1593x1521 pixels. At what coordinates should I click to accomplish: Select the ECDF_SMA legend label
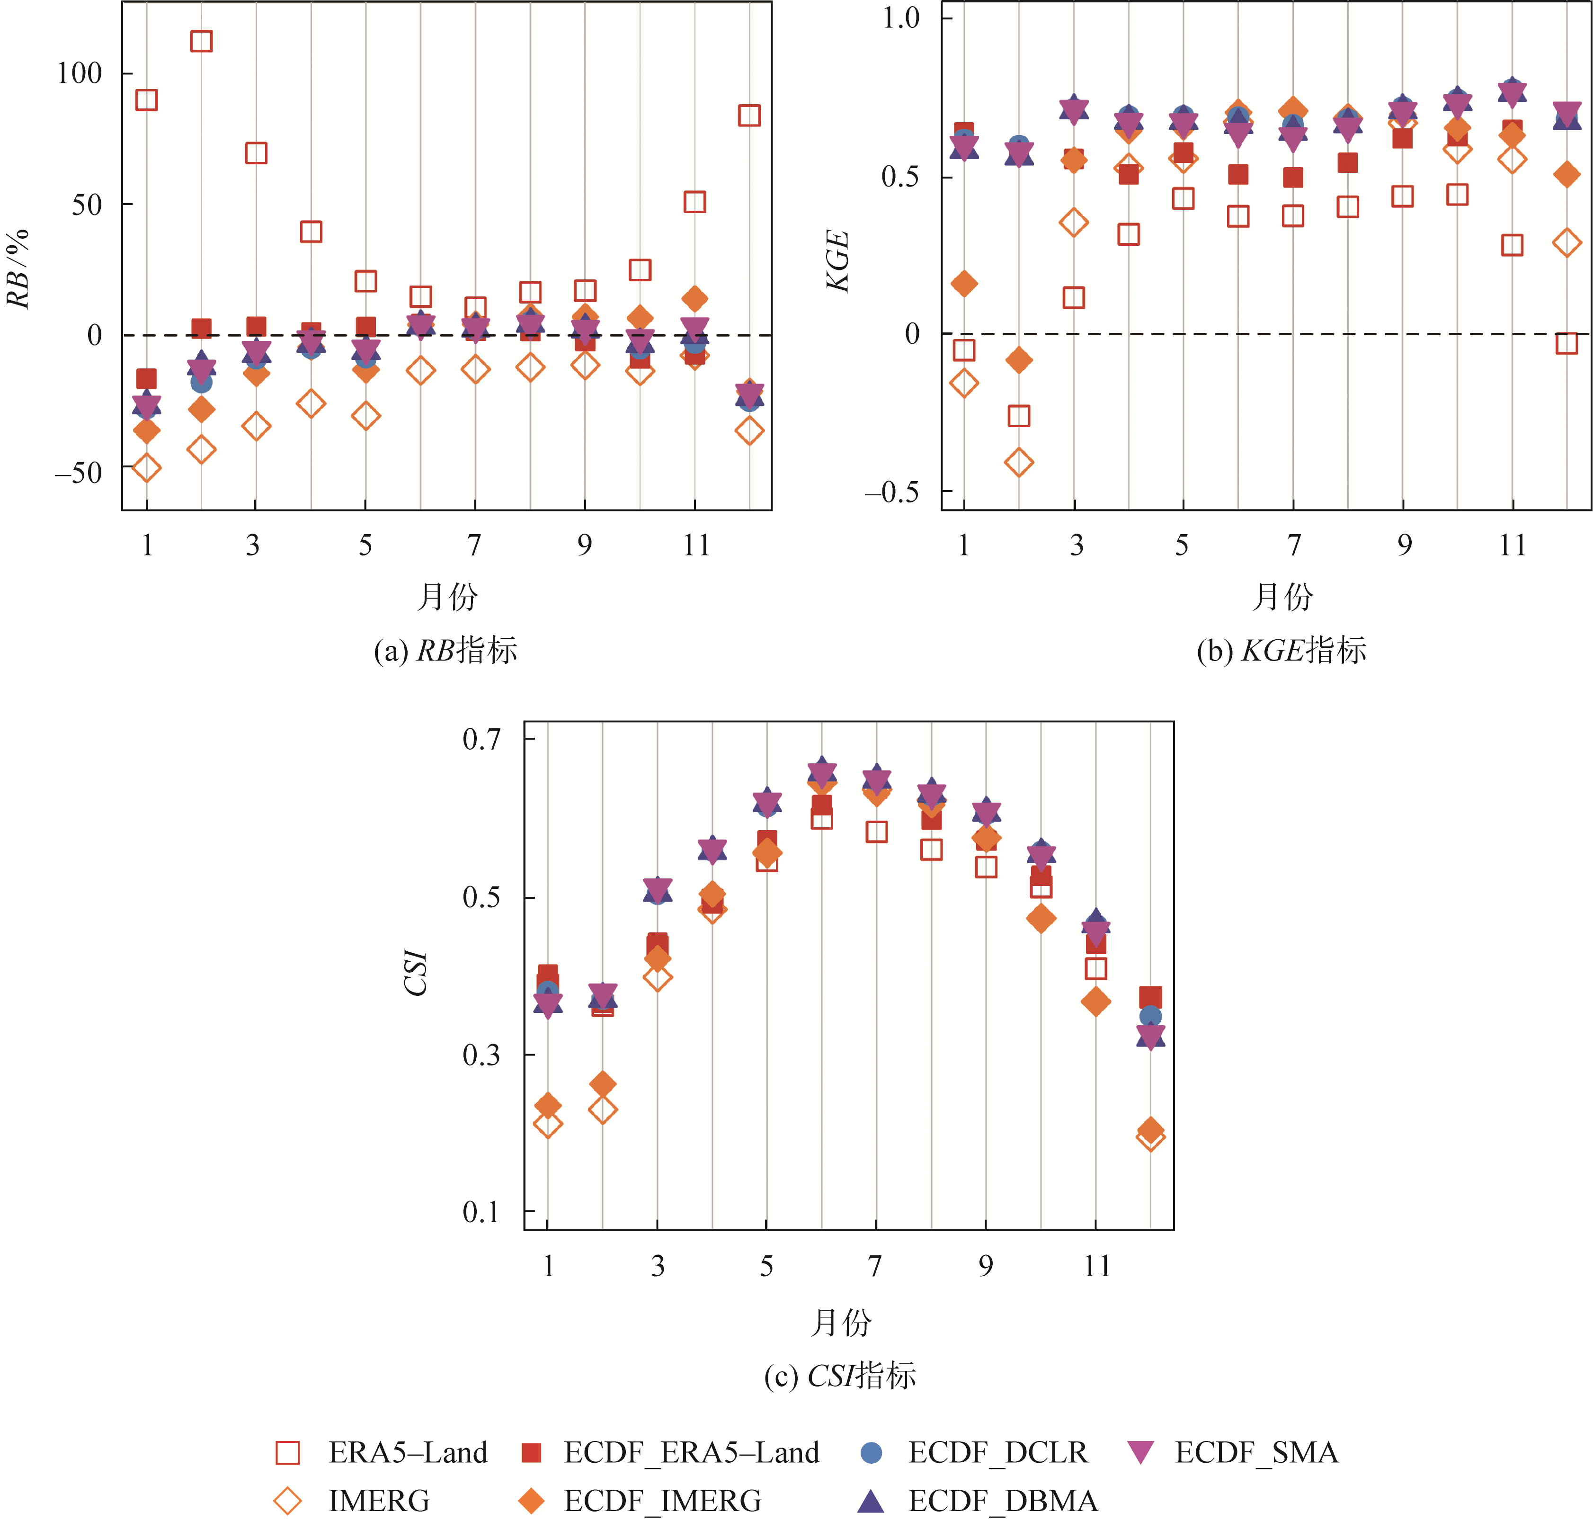tap(1256, 1452)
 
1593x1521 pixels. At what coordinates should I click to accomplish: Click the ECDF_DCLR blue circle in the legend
tap(871, 1452)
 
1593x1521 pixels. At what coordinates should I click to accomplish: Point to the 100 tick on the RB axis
tap(79, 74)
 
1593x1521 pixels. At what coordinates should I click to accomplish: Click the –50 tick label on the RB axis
tap(79, 473)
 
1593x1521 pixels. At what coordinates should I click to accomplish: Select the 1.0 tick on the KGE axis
tap(901, 18)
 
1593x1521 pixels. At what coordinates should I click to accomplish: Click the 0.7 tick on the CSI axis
tap(481, 739)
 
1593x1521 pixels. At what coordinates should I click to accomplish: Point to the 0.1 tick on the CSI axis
tap(481, 1212)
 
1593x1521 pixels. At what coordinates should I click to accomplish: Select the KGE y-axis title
tap(837, 260)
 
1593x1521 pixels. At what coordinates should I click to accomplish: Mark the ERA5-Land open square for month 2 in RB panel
tap(201, 41)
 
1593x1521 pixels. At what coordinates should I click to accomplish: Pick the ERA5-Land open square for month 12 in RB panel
tap(749, 115)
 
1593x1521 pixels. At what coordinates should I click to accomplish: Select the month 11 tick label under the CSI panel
tap(1096, 1266)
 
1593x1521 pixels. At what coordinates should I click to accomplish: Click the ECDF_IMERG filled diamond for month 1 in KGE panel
tap(964, 284)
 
